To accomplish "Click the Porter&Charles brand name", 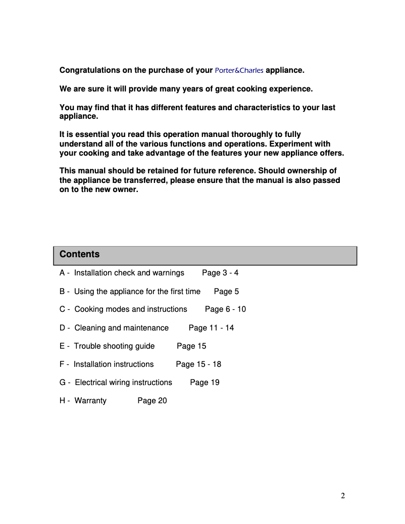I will point(239,70).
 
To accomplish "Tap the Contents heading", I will point(79,254).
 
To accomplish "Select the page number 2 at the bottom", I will point(343,496).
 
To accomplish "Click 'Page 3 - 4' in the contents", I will point(220,273).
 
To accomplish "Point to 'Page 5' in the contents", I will point(226,292).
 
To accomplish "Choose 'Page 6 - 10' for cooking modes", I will point(225,309).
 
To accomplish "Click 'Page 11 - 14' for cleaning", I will point(211,328).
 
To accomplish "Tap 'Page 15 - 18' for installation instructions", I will point(198,364).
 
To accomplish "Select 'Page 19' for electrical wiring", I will point(205,383).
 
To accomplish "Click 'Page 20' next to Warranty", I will point(152,401).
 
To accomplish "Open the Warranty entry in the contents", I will point(90,401).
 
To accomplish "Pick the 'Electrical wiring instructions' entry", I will point(123,383).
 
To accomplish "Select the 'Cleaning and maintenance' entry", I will point(121,328).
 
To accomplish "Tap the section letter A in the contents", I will point(63,273).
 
